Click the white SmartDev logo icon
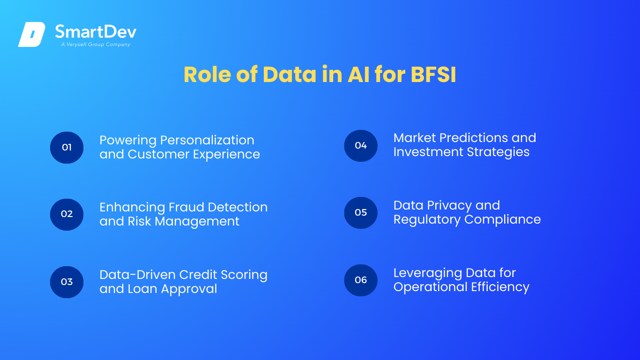[x=32, y=34]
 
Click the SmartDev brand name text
[x=96, y=32]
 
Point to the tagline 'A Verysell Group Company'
[x=96, y=45]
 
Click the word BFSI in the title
[x=433, y=75]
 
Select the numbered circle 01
[x=67, y=148]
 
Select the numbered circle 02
[x=67, y=215]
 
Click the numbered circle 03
[x=67, y=282]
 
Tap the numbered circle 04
[x=361, y=146]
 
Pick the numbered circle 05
[x=361, y=213]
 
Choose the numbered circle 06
[x=361, y=280]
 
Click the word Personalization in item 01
[x=207, y=140]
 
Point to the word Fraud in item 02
[x=186, y=207]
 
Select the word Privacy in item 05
[x=449, y=206]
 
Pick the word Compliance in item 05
[x=503, y=219]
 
